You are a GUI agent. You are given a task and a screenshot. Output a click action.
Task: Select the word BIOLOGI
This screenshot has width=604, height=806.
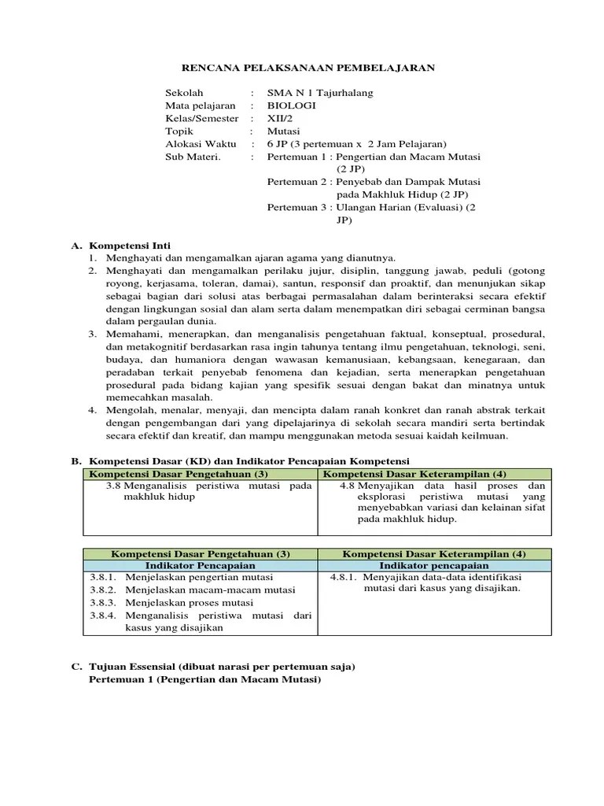pos(291,105)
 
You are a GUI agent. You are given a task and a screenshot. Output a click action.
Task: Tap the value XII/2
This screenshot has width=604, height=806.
pos(279,118)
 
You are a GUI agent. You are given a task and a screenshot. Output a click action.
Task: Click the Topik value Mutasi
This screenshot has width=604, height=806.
pos(283,131)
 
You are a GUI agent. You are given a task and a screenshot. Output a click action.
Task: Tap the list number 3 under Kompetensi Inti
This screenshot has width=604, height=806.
pos(92,335)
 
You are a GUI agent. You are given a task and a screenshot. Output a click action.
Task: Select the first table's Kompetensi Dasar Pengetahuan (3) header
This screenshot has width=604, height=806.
pos(179,474)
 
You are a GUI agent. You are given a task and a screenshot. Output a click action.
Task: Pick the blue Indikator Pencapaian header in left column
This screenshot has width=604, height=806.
pos(201,566)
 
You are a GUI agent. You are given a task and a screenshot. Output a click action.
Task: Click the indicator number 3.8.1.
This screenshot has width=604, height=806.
pos(102,578)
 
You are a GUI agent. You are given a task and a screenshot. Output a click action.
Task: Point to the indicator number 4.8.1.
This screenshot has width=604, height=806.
pos(344,578)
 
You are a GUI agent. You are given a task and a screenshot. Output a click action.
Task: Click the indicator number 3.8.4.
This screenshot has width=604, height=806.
pos(102,616)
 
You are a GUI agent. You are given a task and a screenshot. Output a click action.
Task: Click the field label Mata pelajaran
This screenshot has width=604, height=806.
pos(200,105)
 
